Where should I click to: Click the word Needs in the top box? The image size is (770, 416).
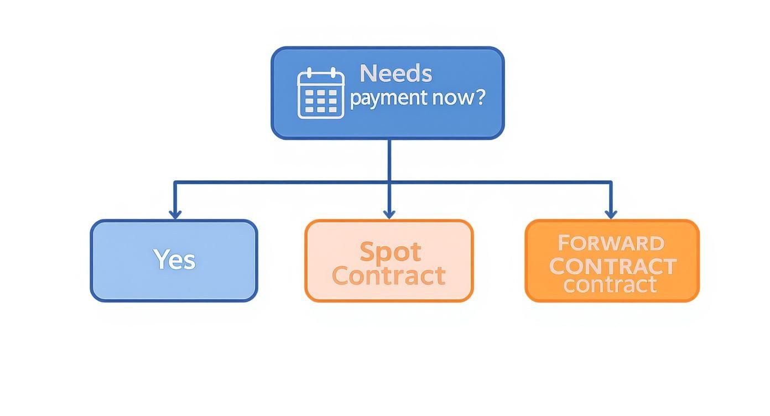[396, 74]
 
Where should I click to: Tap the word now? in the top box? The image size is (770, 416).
[458, 98]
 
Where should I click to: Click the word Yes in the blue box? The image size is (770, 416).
[174, 259]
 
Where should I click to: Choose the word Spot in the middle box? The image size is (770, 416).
[390, 252]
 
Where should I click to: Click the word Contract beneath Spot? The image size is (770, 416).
[389, 275]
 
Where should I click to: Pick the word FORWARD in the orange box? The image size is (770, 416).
[611, 243]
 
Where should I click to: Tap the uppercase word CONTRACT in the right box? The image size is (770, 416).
[612, 266]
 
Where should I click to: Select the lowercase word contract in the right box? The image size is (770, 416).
[610, 285]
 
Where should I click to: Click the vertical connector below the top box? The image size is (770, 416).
[389, 160]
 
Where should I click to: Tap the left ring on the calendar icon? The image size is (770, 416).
[310, 72]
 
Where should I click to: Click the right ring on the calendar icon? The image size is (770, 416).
[332, 72]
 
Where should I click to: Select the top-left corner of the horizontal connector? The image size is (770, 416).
[175, 182]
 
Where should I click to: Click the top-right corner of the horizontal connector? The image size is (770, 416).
[611, 182]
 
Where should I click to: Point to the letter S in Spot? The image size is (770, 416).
[367, 252]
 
